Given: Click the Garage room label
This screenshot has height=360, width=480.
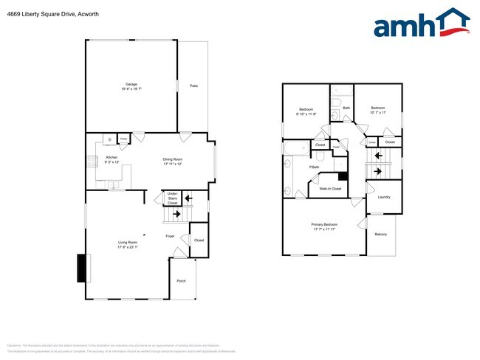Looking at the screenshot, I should [131, 85].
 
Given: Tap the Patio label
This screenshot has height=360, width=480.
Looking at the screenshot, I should [194, 86].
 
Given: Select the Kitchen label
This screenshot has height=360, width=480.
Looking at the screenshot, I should [112, 157].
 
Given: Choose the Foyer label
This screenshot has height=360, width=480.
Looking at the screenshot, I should [170, 236].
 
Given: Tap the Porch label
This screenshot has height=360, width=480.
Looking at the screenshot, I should [181, 281].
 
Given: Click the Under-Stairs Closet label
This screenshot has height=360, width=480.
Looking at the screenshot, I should [172, 198].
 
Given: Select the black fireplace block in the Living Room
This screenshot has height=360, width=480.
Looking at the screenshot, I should [81, 268].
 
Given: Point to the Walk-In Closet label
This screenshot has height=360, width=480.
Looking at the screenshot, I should [329, 189].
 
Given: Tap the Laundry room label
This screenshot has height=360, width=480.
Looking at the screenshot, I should [384, 197].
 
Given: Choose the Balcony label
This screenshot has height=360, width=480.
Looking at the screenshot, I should [380, 234].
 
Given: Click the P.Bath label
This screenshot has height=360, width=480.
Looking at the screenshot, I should [314, 167].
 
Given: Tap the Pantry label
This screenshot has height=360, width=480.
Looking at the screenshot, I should [123, 137].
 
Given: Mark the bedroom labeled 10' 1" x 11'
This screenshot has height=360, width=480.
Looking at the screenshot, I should [378, 111].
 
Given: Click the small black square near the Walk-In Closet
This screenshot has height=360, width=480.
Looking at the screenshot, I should [343, 176].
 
